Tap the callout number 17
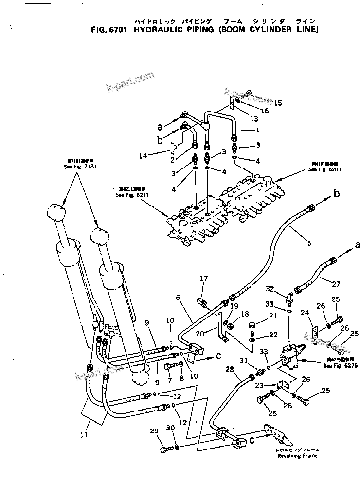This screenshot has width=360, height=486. (x=204, y=279)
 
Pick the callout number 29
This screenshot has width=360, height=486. (x=154, y=431)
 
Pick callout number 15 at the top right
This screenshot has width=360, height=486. (x=278, y=103)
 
